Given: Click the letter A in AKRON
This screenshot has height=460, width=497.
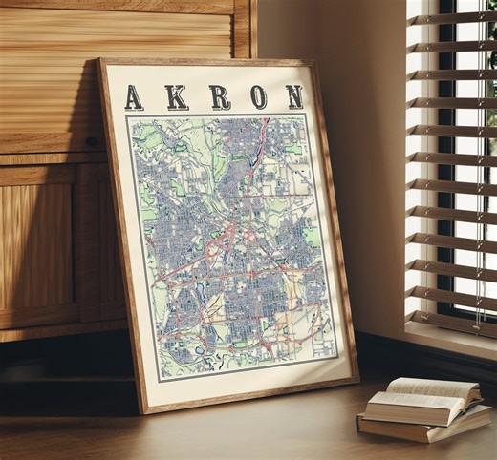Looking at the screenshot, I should [x=134, y=97].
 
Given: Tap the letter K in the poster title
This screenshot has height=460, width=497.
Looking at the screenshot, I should [x=177, y=97].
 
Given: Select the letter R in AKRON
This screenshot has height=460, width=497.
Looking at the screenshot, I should [x=219, y=96].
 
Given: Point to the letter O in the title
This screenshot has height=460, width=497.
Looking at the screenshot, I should [x=258, y=96].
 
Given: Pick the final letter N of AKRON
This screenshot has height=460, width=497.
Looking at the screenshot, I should [x=292, y=96].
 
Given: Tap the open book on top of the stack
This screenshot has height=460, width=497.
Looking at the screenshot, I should [x=432, y=394].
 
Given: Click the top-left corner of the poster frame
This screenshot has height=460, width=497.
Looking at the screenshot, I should [x=98, y=62].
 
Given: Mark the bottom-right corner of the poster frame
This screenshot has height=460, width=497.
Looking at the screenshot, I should [x=357, y=379].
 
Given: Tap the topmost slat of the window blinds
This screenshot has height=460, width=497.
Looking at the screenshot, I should [x=449, y=18].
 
